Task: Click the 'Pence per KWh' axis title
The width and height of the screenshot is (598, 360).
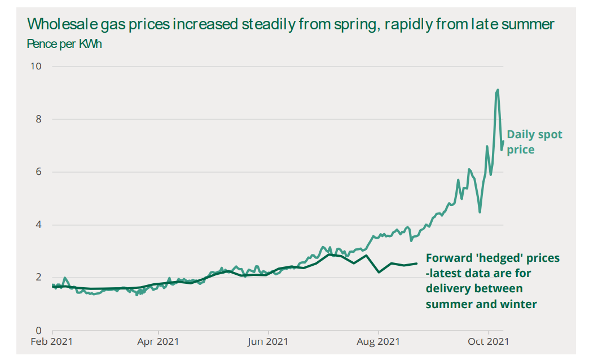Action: coord(64,44)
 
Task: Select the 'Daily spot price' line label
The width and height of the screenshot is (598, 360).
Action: coord(534,142)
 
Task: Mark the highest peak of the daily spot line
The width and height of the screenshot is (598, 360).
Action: coord(498,90)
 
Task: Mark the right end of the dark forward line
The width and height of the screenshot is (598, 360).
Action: coord(417,264)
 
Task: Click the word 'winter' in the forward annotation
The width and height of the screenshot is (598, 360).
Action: coord(520,304)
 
